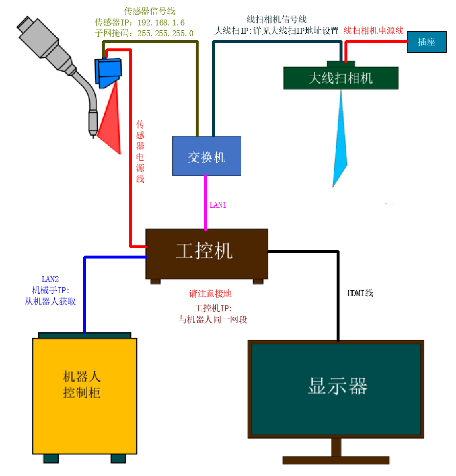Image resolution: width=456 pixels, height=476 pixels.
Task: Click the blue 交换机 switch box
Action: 206,156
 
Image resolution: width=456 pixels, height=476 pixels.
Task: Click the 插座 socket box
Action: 426,42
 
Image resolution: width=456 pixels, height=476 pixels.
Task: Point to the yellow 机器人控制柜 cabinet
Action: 84,396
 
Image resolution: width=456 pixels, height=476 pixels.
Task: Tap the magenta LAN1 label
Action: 218,205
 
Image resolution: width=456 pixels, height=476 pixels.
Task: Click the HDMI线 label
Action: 360,293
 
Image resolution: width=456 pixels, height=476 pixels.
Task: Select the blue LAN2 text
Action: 50,279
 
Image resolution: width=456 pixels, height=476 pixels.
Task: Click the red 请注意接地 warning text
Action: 210,293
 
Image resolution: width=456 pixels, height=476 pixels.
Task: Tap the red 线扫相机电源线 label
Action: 373,31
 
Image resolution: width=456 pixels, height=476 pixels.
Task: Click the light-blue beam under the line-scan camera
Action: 340,142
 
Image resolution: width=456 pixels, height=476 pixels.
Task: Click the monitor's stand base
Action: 336,460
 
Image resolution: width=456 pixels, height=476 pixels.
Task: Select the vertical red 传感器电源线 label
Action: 140,151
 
